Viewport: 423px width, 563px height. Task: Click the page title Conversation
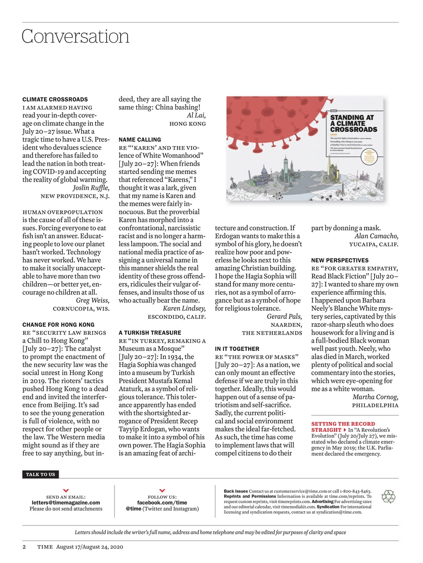75,37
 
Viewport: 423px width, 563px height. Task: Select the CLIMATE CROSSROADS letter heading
55,99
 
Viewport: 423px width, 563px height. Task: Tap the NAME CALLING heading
140,139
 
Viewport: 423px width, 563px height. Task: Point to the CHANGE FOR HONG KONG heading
58,325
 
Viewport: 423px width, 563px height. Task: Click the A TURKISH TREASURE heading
150,333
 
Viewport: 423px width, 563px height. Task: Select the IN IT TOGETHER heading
237,349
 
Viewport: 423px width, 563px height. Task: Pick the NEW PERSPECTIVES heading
340,260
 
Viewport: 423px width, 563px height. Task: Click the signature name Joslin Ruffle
91,188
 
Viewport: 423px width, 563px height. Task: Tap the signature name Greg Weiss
93,300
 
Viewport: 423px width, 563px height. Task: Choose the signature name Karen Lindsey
184,308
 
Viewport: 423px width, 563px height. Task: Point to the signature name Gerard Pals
284,317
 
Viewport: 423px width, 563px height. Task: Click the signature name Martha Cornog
375,397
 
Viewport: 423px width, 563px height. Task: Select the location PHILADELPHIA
375,405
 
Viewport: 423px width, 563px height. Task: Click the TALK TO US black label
41,474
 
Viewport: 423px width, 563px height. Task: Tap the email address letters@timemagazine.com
66,502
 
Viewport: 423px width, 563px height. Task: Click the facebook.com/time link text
162,502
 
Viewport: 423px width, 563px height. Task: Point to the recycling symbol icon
388,497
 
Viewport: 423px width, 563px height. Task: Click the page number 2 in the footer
24,547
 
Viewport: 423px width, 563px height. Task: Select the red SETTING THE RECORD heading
343,424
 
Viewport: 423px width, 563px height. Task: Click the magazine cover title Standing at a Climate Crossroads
353,123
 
